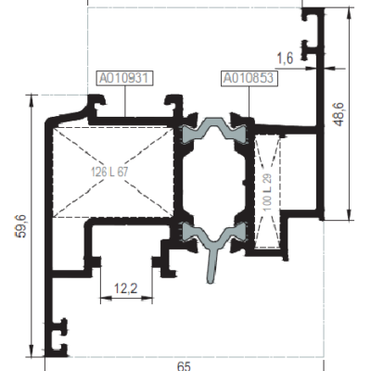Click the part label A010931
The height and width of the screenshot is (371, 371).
pos(125,78)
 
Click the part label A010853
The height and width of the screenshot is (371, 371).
pos(249,78)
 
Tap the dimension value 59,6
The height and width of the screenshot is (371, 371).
pos(21,226)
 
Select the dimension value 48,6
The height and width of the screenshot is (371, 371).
pos(339,114)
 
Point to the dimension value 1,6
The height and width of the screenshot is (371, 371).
pos(285,58)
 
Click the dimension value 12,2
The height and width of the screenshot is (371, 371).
pos(126,288)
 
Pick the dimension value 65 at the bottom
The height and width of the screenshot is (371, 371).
pos(184,366)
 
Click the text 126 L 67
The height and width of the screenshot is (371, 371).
pos(109,172)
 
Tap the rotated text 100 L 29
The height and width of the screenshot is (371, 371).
pos(267,192)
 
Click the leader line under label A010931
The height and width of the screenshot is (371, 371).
pos(125,101)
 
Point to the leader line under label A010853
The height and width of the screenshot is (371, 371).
pos(249,101)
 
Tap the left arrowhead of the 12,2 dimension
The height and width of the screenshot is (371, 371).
pos(106,298)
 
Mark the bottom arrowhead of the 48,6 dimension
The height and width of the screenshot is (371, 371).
pos(350,214)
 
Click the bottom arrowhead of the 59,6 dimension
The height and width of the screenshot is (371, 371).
pos(31,352)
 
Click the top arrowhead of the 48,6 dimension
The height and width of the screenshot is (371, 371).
pos(350,13)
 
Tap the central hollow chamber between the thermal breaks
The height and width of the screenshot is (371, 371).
pos(213,183)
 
